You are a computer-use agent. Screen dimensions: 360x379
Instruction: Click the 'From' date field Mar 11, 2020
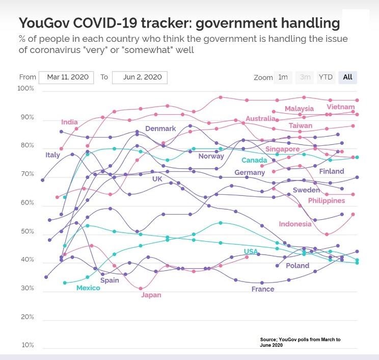click(67, 77)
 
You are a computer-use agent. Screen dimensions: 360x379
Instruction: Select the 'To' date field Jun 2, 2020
click(139, 77)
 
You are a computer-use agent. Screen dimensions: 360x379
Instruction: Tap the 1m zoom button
click(283, 77)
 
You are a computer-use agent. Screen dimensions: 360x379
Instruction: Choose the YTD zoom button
click(326, 77)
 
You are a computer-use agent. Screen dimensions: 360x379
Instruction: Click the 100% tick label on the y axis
click(25, 89)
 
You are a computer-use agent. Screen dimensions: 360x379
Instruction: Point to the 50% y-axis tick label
click(27, 232)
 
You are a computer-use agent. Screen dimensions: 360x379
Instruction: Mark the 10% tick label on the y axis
click(27, 345)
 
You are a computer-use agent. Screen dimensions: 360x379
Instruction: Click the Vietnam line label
click(340, 107)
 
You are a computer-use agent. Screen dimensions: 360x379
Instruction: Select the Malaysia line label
click(299, 109)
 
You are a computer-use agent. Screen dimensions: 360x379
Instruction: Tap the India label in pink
click(69, 122)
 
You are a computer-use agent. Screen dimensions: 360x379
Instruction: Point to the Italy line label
click(52, 155)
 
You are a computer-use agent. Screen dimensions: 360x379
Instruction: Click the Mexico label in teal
click(88, 288)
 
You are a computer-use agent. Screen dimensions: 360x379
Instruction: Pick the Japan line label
click(151, 295)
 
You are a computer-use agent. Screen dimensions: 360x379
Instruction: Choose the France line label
click(263, 289)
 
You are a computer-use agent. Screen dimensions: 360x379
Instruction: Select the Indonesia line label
click(295, 224)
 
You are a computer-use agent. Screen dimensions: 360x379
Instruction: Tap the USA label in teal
click(251, 251)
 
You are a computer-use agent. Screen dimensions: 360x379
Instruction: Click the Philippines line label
click(326, 200)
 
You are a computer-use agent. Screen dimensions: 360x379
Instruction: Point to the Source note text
click(300, 342)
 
